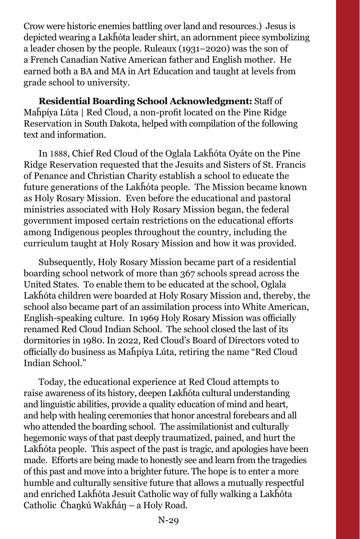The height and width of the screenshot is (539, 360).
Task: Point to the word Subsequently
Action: pos(67,262)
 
